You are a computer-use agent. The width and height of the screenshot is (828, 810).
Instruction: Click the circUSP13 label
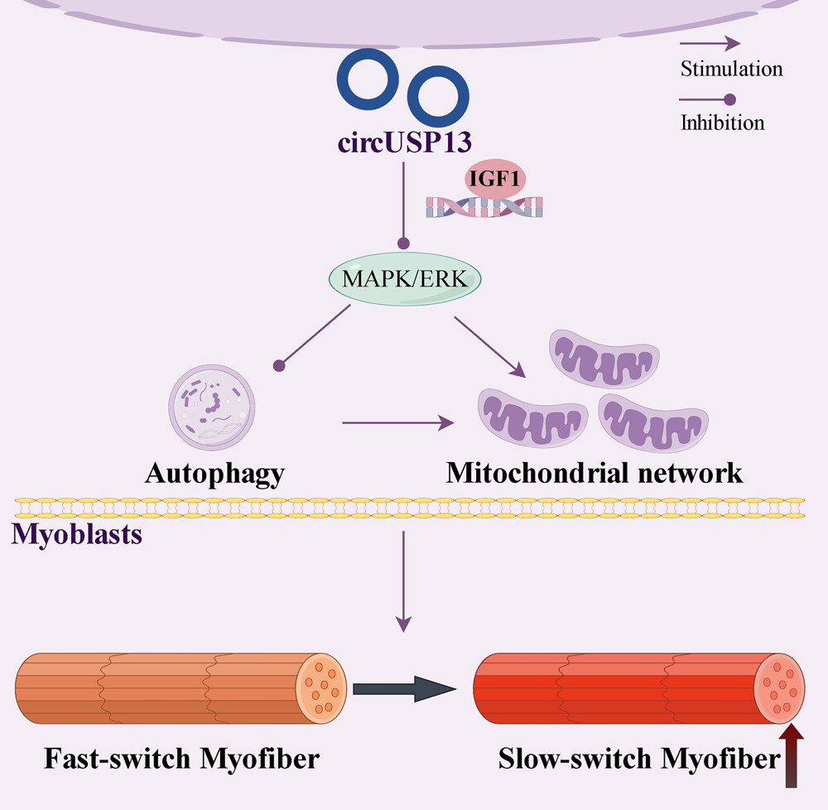[403, 142]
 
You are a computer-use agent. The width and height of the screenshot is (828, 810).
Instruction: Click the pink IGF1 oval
[494, 179]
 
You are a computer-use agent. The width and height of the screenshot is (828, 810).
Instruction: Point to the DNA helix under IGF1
[484, 207]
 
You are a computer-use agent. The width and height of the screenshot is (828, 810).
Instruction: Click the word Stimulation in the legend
[731, 68]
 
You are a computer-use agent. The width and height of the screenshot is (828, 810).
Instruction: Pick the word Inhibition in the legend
[722, 123]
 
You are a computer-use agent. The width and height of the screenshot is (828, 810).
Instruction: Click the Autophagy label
[214, 473]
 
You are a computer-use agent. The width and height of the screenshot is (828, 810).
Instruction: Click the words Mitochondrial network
[594, 473]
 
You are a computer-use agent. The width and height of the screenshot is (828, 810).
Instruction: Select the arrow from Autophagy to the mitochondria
[397, 423]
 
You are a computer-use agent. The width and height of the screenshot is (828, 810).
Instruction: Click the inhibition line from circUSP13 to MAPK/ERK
[403, 203]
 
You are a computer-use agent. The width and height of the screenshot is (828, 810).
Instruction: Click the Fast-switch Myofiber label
[169, 758]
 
